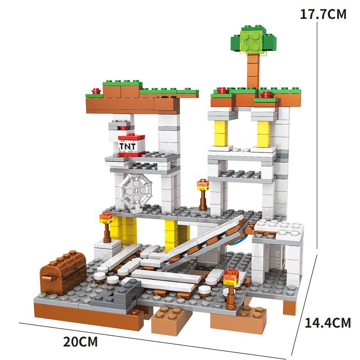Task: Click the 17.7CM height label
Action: tap(323, 14)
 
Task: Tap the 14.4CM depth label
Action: tap(328, 323)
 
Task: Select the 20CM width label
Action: tap(81, 342)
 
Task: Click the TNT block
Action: tap(131, 145)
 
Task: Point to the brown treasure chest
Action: tap(63, 272)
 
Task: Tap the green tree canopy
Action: tap(253, 40)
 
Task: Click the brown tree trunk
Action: tap(253, 71)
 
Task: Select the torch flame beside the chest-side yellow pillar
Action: tap(106, 217)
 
